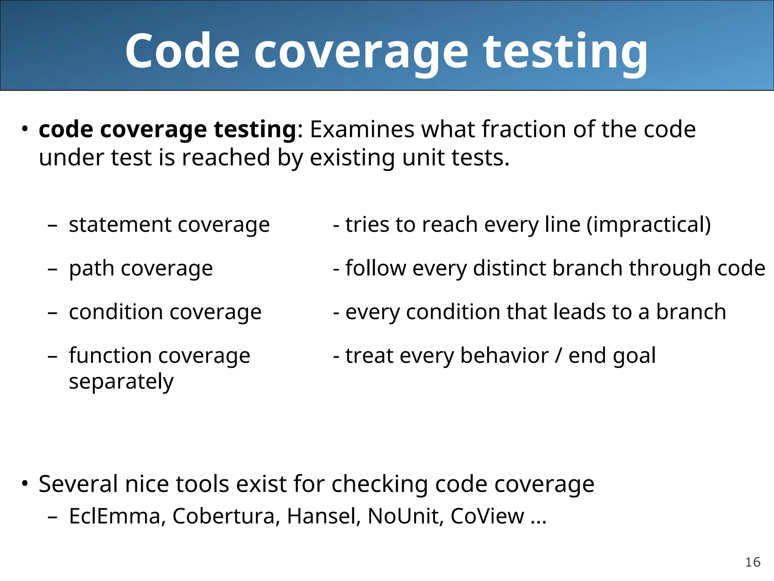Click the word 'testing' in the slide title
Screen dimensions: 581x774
[565, 52]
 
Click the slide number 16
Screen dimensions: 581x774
[752, 562]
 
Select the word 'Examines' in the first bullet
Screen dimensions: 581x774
[362, 129]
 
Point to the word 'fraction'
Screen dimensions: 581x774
[523, 129]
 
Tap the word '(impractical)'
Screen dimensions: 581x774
[649, 225]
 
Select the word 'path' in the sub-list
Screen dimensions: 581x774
[91, 269]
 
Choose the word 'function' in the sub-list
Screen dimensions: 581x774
[110, 356]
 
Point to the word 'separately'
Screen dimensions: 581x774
[121, 382]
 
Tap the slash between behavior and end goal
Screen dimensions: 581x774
[558, 356]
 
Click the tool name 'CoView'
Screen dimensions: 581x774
[487, 516]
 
